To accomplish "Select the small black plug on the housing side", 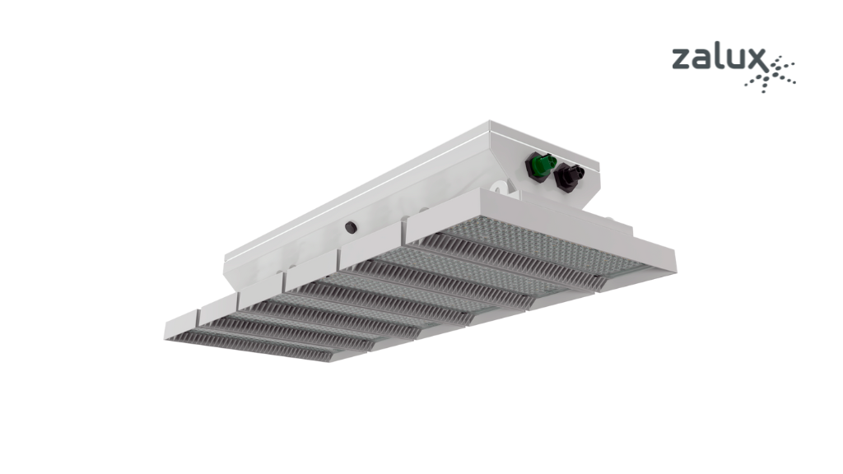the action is click(x=351, y=227).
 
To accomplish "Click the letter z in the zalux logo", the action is click(x=681, y=59).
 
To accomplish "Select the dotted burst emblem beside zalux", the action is click(x=771, y=72).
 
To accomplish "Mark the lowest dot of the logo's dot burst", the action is click(x=763, y=91).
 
